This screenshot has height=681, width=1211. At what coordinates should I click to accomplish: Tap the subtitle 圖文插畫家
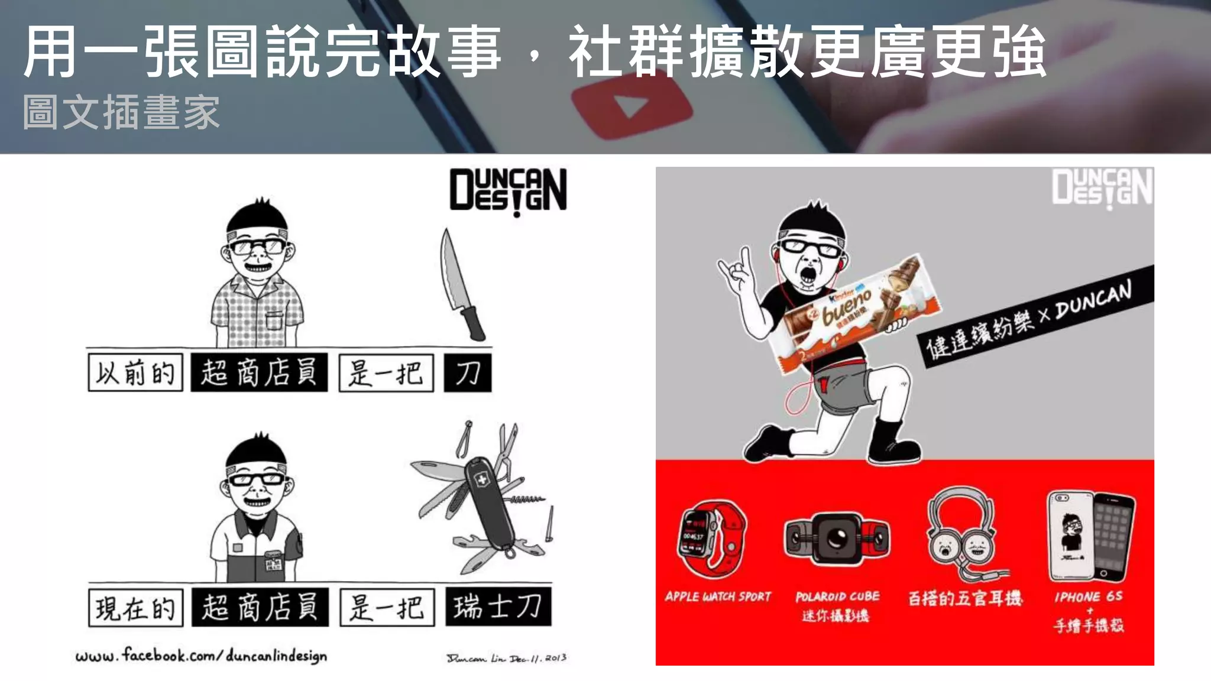coord(121,112)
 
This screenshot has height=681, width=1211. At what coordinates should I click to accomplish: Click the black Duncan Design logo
coord(508,190)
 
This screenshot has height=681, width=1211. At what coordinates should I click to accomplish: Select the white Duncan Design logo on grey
coord(1102,187)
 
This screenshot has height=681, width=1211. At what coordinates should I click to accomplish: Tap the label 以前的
coord(135,373)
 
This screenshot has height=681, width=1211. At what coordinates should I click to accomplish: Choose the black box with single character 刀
coord(468,373)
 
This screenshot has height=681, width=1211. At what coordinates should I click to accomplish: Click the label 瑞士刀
coord(498,607)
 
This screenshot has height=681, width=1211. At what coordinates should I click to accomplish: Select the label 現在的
coord(135,608)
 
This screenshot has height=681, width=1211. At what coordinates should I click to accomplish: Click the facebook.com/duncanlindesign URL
coord(201,656)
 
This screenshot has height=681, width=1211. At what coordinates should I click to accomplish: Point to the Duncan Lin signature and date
coord(506,658)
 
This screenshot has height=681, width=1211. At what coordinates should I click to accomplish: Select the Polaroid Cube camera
coord(837,538)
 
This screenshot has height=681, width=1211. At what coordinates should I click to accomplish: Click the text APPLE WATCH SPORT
coord(718,596)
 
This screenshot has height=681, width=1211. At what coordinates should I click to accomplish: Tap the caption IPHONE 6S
coord(1088,596)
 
